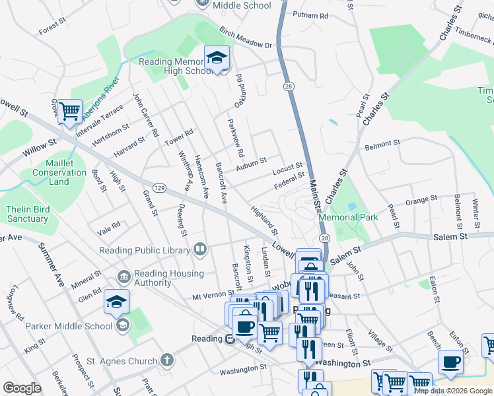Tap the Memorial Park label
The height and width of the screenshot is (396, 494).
click(x=348, y=216)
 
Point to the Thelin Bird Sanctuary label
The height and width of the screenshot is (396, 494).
click(x=27, y=214)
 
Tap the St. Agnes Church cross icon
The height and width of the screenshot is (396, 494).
click(x=168, y=360)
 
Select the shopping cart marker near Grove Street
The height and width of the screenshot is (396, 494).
click(x=69, y=110)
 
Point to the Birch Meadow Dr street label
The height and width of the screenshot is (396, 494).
click(x=246, y=39)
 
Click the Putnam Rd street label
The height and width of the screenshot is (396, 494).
click(x=310, y=15)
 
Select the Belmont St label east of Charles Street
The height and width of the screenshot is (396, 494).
click(x=382, y=143)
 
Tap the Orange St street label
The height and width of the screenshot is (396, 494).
click(x=421, y=198)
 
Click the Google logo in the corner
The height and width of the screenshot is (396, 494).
click(x=22, y=388)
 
